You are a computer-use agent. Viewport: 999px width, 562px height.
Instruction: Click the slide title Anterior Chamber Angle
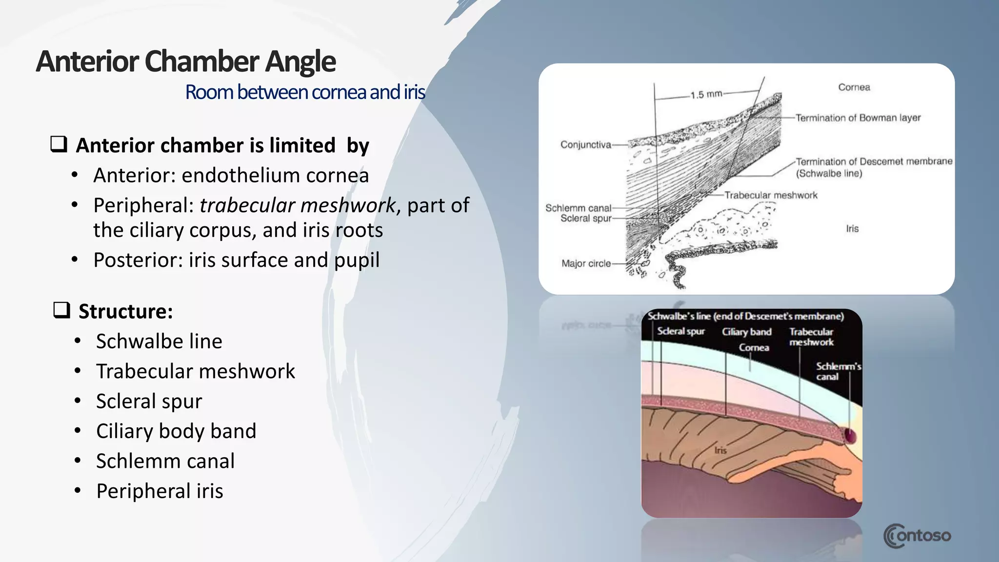pos(185,61)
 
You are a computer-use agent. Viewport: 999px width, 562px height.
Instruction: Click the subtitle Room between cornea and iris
pos(305,92)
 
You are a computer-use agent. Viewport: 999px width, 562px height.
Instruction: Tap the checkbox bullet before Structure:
pos(62,310)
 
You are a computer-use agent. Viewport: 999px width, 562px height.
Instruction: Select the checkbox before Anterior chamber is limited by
pos(59,144)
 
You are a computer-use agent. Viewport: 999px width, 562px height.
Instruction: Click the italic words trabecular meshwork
pos(297,205)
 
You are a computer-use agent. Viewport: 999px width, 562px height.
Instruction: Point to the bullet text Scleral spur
pos(149,401)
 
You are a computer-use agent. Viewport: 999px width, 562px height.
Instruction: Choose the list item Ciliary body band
pos(176,431)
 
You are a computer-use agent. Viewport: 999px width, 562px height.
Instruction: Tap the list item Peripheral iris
pos(160,491)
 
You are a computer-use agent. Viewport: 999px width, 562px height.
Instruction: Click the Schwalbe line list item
pos(159,341)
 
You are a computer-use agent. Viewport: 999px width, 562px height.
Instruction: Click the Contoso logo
pos(917,536)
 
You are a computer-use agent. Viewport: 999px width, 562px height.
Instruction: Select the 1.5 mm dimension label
pos(706,94)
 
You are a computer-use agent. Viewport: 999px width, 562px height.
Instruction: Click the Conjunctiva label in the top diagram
pos(585,144)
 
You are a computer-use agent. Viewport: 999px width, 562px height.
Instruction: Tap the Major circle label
pos(586,263)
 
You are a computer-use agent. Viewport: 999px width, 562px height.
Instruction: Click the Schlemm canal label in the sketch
pos(578,208)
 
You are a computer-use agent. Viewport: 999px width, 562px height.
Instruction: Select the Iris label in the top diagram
pos(852,228)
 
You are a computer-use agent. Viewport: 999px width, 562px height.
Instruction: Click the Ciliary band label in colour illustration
pos(746,332)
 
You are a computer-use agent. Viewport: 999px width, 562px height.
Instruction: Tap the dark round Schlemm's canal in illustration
pos(850,435)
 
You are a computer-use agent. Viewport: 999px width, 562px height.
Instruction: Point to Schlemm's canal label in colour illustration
pos(838,371)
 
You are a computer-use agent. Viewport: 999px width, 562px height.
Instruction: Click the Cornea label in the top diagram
pos(854,87)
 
